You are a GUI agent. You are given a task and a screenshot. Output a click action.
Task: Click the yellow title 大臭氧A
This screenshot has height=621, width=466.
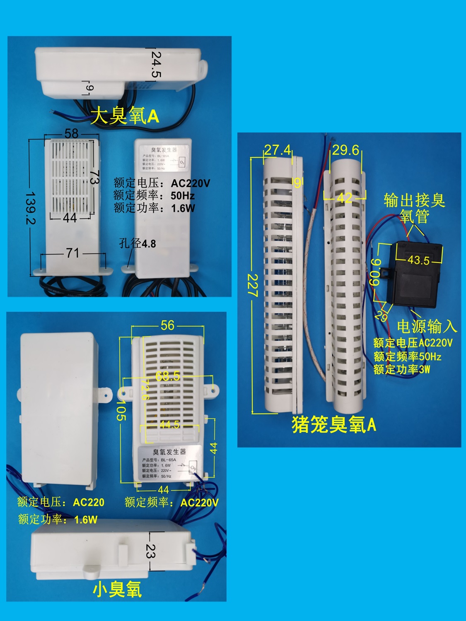(125, 116)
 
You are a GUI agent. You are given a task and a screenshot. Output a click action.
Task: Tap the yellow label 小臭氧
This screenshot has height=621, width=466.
(117, 590)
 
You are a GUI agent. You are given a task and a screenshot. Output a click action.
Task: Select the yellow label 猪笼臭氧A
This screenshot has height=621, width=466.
(334, 424)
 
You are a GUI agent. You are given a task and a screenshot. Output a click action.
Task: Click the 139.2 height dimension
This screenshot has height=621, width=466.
(30, 208)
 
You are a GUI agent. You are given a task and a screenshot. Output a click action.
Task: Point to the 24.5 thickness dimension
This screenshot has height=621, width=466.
(156, 64)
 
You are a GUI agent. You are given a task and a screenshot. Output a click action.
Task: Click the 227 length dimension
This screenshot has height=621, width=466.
(252, 285)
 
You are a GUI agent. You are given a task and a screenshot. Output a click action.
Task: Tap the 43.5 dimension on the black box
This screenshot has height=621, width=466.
(418, 260)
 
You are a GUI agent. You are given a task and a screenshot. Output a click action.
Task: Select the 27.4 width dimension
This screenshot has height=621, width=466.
(278, 150)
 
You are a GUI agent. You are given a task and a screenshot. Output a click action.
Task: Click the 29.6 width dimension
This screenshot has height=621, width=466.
(346, 150)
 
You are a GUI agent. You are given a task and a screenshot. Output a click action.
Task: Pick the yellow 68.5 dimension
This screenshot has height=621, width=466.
(168, 376)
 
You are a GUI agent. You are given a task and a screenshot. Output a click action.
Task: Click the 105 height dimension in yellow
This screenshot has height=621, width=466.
(121, 410)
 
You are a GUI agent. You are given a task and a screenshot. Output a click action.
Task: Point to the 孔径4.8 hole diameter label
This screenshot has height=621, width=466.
(138, 243)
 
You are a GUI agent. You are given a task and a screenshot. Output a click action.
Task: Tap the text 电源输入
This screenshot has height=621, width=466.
(427, 326)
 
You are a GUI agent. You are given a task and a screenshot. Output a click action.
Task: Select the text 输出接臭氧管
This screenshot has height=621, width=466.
(414, 208)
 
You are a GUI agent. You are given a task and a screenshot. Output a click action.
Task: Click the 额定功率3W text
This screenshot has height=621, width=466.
(402, 369)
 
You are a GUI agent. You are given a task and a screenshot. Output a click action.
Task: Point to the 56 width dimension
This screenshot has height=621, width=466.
(168, 325)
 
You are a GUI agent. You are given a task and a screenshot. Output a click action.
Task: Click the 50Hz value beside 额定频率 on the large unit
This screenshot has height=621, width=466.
(183, 196)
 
